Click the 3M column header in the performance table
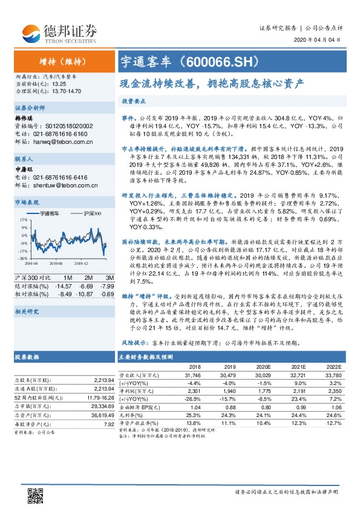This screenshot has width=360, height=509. coord(110,276)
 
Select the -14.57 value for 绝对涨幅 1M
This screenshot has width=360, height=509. coord(64,285)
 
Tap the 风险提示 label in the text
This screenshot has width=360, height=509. coord(134,342)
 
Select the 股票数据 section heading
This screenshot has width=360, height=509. coord(28,357)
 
